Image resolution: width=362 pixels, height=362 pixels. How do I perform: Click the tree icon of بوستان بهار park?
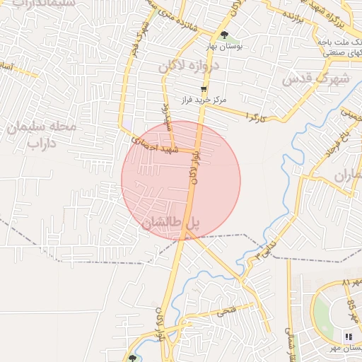[224, 35]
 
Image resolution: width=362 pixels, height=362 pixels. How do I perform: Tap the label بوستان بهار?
[224, 46]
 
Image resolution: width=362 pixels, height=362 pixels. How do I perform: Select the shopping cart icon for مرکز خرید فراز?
[204, 89]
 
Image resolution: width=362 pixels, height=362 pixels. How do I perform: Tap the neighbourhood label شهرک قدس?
[316, 78]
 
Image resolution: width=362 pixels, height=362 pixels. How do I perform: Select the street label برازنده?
[293, 14]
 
